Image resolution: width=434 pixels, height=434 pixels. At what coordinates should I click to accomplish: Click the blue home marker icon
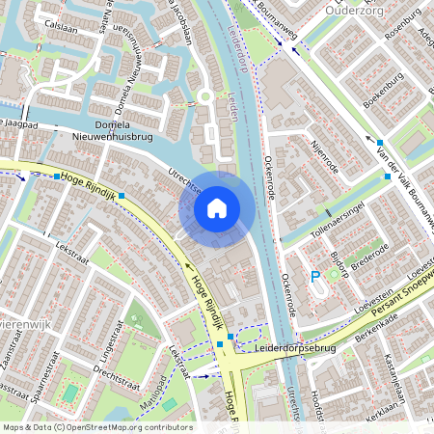[x=217, y=207]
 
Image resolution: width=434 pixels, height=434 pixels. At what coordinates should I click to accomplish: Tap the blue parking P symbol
[x=314, y=278]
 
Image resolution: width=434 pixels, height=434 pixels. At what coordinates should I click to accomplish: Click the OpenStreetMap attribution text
[x=96, y=427]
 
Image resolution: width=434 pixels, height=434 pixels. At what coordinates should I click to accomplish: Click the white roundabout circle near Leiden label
[x=205, y=96]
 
